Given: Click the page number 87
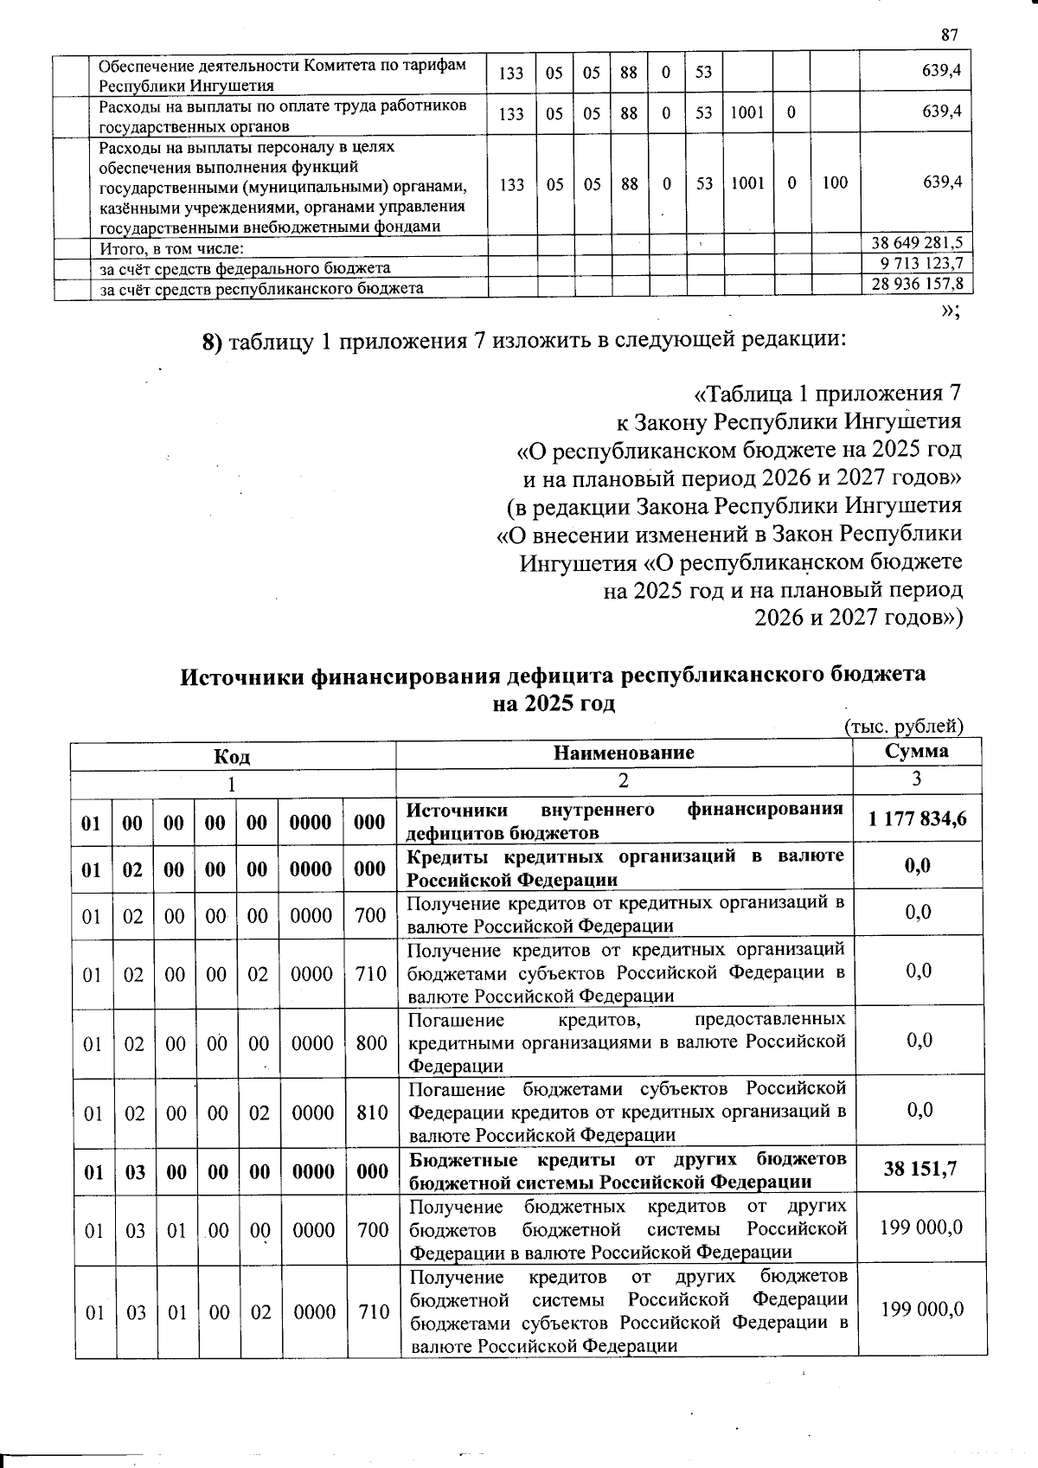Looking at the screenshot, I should click(949, 35).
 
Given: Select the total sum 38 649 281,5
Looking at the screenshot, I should click(917, 243).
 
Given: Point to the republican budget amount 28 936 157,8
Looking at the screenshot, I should click(917, 284).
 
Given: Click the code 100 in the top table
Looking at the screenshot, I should click(835, 183).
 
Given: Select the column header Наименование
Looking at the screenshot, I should click(624, 753).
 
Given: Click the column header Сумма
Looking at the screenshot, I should click(916, 751).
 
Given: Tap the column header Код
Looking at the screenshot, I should click(232, 757).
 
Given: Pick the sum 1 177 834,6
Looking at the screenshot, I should click(918, 818).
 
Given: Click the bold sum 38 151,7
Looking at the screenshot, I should click(920, 1170).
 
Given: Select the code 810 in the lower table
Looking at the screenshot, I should click(372, 1112).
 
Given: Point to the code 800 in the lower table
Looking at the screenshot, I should click(371, 1043).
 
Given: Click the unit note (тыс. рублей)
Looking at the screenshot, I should click(903, 727).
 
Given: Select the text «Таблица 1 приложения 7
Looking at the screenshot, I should click(827, 394).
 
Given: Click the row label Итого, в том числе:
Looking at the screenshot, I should click(171, 249).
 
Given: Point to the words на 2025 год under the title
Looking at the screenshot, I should click(554, 703).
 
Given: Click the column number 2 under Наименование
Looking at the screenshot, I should click(624, 781).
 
